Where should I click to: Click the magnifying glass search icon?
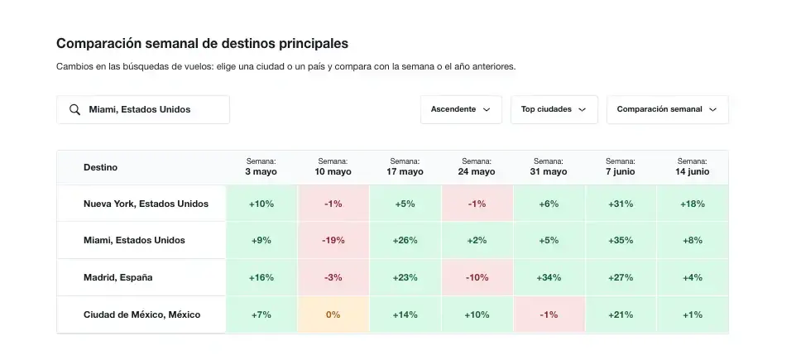(74, 109)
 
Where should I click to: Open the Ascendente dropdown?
(460, 109)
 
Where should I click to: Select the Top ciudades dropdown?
(554, 109)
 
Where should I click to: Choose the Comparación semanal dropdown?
(667, 109)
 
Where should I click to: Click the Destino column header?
(100, 167)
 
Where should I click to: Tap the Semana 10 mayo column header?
(333, 167)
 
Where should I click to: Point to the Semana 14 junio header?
(692, 167)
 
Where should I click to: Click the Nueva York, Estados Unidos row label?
(146, 204)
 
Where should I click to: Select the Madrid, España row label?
(117, 278)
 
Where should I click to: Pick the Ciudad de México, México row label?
(141, 315)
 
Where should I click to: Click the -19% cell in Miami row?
(333, 241)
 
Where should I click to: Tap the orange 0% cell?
(333, 315)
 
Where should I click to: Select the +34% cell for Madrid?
(549, 278)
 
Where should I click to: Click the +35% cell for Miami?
(621, 241)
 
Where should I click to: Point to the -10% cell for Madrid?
(477, 278)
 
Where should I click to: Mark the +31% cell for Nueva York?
(621, 204)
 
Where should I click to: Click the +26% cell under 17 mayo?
(405, 241)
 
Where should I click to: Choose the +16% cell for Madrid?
(261, 278)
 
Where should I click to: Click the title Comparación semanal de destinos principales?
(202, 43)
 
